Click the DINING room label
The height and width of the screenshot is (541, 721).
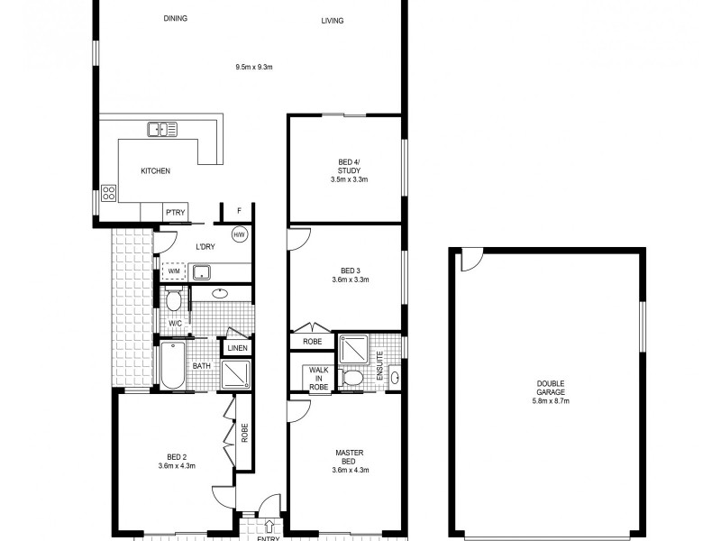(x=175, y=19)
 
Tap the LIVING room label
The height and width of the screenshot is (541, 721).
(x=333, y=21)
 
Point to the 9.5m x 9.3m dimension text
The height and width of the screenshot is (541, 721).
(x=252, y=67)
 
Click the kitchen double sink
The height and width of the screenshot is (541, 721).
(x=162, y=129)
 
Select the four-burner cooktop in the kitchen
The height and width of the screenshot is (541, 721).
(x=108, y=192)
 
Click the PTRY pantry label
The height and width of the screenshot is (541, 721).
(x=175, y=212)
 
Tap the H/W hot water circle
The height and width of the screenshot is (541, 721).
(x=239, y=234)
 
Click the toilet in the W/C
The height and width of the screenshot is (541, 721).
(x=174, y=298)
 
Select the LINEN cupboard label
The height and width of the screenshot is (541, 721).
(x=237, y=348)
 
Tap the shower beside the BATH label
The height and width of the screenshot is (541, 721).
(x=235, y=373)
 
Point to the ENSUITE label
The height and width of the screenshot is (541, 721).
(x=380, y=364)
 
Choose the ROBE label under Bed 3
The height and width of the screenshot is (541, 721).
(x=313, y=342)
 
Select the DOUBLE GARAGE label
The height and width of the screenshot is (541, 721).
(x=547, y=394)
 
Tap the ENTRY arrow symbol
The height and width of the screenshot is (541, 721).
(x=269, y=526)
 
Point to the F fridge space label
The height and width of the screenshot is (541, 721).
(x=239, y=211)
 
